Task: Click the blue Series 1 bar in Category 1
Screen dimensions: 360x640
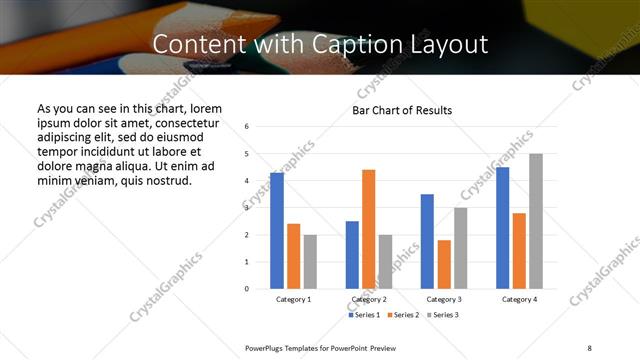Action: pyautogui.click(x=277, y=231)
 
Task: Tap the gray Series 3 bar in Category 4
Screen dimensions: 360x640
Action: pyautogui.click(x=536, y=221)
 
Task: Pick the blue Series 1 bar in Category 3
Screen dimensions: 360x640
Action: pyautogui.click(x=427, y=241)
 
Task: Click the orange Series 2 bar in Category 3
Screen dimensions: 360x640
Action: pyautogui.click(x=444, y=264)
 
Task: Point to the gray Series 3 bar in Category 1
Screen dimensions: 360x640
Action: pyautogui.click(x=310, y=262)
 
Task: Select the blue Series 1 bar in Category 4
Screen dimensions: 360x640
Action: pyautogui.click(x=503, y=228)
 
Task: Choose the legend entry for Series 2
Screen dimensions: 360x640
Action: pyautogui.click(x=403, y=315)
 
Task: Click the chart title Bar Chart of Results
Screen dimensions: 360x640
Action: pyautogui.click(x=402, y=110)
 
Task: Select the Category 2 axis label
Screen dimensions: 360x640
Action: pyautogui.click(x=369, y=299)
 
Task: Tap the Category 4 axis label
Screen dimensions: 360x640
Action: pyautogui.click(x=519, y=299)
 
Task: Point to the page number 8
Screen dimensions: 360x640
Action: pyautogui.click(x=589, y=346)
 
